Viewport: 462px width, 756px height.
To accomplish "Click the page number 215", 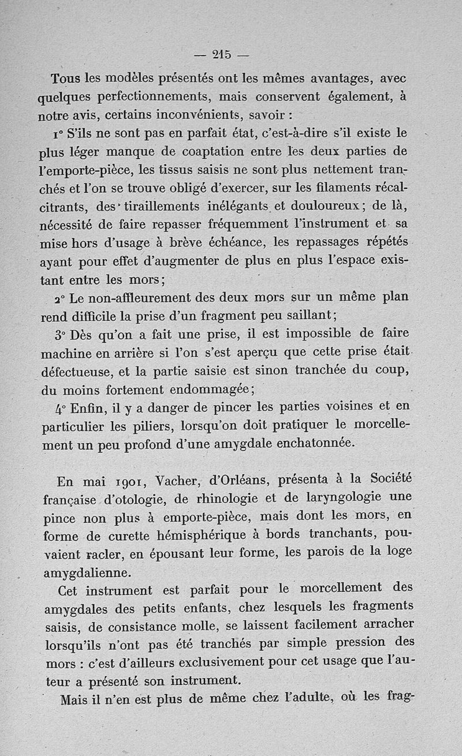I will pyautogui.click(x=222, y=55).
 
